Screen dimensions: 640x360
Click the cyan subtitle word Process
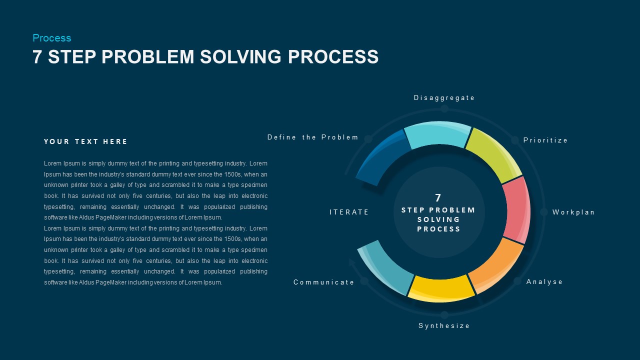(x=51, y=38)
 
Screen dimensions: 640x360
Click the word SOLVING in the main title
(x=240, y=56)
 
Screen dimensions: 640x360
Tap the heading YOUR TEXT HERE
(x=85, y=141)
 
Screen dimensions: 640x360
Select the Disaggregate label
(x=444, y=98)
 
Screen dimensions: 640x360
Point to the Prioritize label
(x=545, y=140)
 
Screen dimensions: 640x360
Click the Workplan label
(x=573, y=212)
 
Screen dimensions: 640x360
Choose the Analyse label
(x=544, y=282)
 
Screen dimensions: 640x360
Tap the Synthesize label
(x=444, y=325)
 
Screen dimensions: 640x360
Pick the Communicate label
(x=323, y=282)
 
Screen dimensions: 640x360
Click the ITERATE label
(x=349, y=212)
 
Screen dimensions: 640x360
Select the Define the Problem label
(x=312, y=137)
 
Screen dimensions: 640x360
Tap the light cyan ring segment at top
(x=437, y=135)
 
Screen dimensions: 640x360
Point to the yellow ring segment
(x=441, y=288)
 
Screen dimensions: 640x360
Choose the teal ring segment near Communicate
(x=385, y=267)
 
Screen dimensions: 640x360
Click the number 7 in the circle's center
(x=438, y=197)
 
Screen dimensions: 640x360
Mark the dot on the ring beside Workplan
(x=543, y=212)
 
